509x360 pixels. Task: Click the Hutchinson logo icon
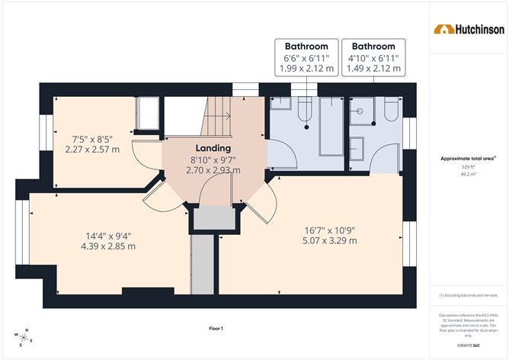coord(441,29)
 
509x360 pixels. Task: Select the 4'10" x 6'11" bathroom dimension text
coord(373,58)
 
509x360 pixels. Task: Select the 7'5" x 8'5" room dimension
coord(92,139)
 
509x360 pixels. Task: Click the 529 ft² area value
coord(468,166)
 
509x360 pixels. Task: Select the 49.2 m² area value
coord(468,173)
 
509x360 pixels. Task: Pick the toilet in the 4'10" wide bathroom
coord(391,112)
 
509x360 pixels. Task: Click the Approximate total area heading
coord(466,158)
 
